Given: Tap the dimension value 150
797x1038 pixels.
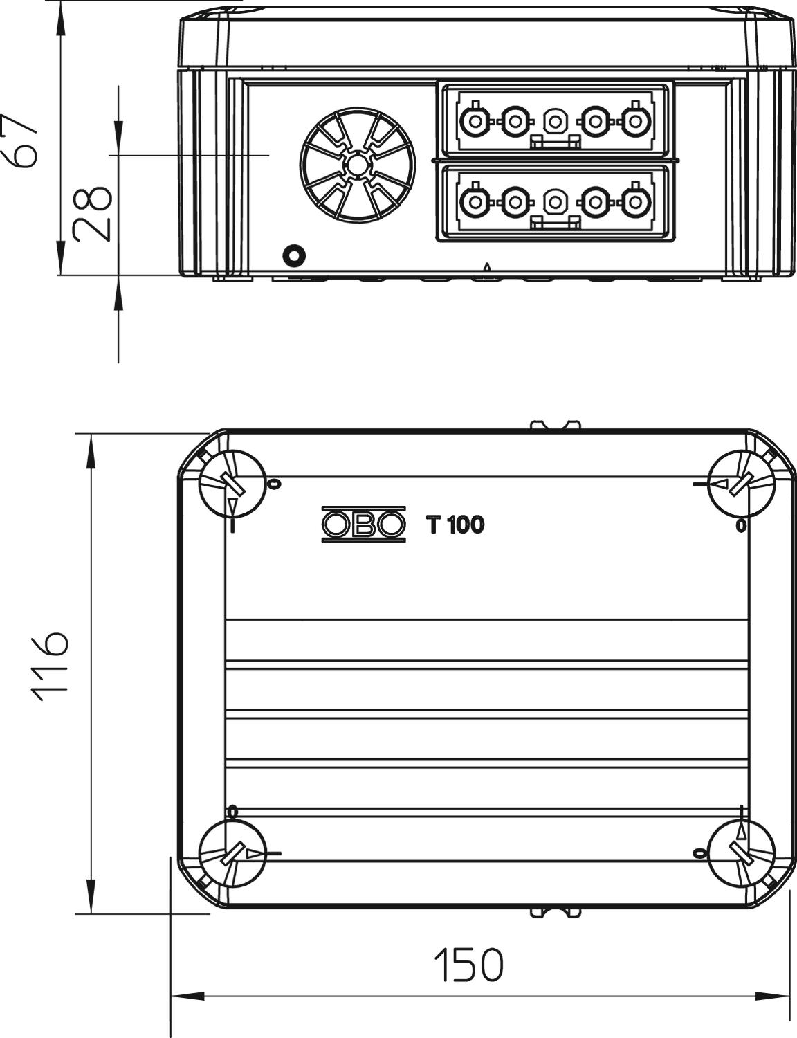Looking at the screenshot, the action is (x=468, y=965).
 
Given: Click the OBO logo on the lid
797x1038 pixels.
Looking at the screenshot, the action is (x=364, y=524).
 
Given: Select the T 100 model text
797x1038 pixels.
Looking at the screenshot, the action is (x=455, y=524).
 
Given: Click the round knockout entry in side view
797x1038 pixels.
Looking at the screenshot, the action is (x=358, y=165).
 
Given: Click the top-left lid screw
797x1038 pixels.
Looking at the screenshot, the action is (x=232, y=484).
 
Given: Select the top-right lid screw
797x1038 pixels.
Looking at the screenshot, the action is (x=742, y=484).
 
